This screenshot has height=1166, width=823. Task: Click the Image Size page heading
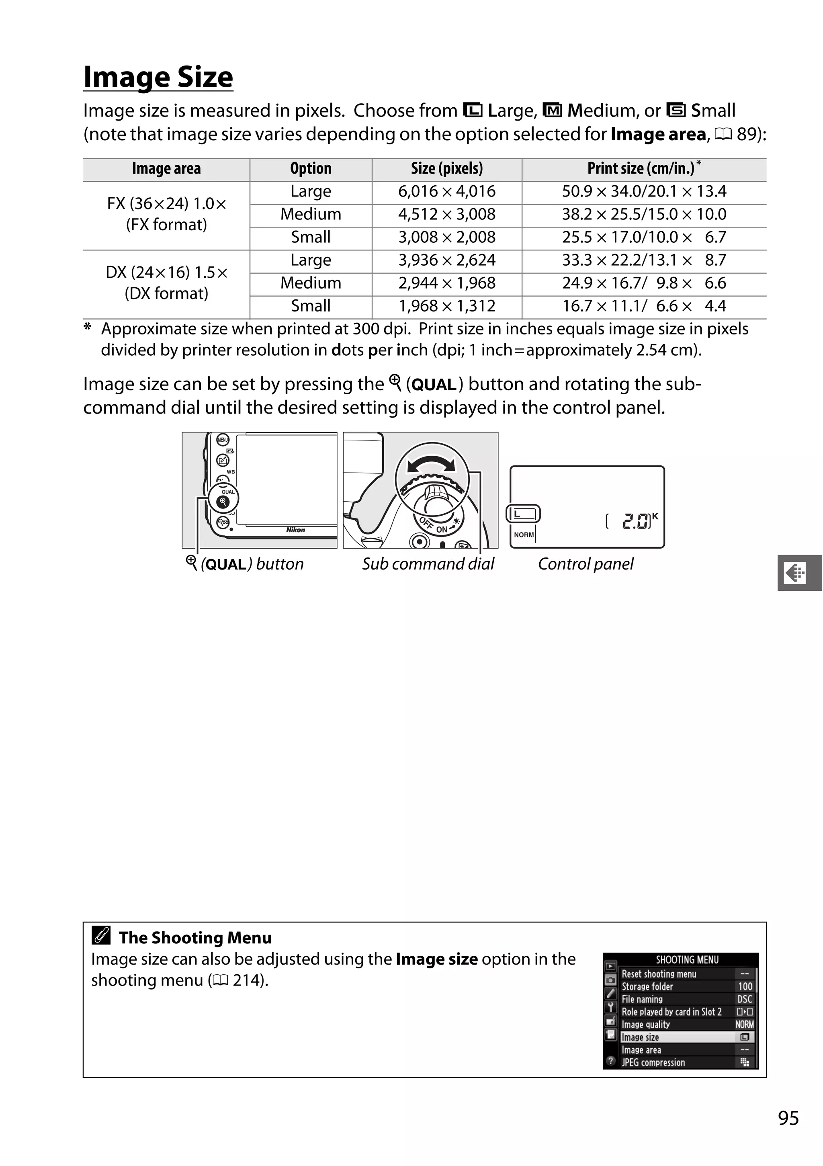point(158,77)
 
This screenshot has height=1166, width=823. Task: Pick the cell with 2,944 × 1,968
point(446,283)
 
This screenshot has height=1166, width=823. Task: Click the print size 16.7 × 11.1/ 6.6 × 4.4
point(643,306)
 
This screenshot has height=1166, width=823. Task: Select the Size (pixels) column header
point(446,168)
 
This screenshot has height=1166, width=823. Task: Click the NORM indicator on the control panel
point(524,535)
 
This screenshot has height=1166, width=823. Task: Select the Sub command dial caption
point(428,564)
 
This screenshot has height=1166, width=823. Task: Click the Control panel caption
point(586,564)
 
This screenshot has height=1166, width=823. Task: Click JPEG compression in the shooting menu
point(653,1062)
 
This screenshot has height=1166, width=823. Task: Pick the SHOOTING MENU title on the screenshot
point(686,960)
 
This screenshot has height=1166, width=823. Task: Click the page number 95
point(788,1118)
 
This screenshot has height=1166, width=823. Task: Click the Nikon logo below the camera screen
point(295,530)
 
